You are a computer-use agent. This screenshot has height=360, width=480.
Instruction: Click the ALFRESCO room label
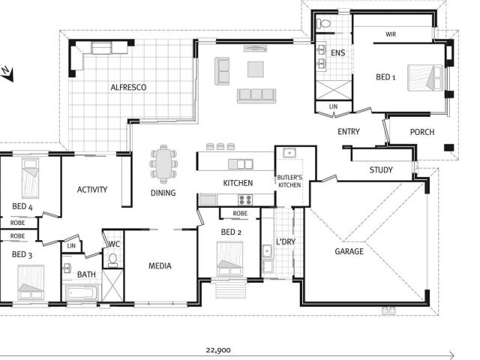click(x=128, y=87)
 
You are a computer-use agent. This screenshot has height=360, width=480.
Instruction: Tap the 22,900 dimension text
click(x=218, y=350)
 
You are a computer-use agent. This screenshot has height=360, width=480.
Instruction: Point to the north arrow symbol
click(x=7, y=73)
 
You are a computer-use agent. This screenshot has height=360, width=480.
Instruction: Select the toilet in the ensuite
click(x=324, y=23)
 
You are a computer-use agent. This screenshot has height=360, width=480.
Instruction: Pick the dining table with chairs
click(x=163, y=164)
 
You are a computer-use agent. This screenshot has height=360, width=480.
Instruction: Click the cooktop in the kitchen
click(x=245, y=199)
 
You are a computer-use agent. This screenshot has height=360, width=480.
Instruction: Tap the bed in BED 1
click(x=425, y=78)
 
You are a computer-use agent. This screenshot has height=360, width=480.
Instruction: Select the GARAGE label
click(x=349, y=251)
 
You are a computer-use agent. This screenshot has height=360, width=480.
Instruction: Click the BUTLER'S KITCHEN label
click(x=289, y=181)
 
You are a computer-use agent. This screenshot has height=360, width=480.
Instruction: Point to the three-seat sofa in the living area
click(x=256, y=95)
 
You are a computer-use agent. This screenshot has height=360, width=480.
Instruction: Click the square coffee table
click(x=256, y=69)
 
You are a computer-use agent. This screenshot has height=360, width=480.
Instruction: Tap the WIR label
click(x=391, y=34)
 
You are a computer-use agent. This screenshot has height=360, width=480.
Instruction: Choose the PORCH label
click(x=422, y=132)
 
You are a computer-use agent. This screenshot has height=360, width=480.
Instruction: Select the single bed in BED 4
click(x=31, y=178)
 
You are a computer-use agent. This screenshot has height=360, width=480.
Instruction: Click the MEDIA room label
click(x=160, y=265)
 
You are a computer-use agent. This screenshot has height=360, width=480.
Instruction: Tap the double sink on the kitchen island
click(x=241, y=164)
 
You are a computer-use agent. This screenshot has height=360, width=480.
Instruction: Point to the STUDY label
click(x=381, y=170)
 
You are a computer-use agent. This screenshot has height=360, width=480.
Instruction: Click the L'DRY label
click(x=286, y=241)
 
